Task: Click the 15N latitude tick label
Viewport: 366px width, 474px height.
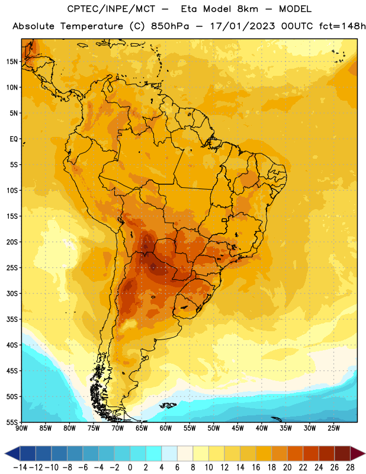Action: coord(12,62)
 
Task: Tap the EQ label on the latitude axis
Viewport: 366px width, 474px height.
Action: coord(14,139)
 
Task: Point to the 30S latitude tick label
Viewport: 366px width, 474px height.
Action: coord(12,293)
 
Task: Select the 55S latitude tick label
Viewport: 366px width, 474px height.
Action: coord(12,422)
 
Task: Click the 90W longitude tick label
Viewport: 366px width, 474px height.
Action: coord(21,428)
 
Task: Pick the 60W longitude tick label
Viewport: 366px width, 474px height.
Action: coord(166,428)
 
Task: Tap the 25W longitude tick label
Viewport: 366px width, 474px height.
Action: coord(333,428)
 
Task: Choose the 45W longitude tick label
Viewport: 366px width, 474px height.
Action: coord(237,428)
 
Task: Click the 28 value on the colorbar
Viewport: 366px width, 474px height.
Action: coord(350,467)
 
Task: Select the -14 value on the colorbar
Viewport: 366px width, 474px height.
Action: coord(20,467)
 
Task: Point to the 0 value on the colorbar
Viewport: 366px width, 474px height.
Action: coord(130,467)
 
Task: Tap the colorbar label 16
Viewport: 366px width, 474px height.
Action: coord(256,467)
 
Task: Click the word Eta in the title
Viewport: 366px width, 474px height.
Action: coord(189,9)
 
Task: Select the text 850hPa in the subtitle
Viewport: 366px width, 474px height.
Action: coord(170,26)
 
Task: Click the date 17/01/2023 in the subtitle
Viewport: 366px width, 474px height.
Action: coord(242,26)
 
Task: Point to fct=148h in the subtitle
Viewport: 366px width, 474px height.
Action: coord(342,26)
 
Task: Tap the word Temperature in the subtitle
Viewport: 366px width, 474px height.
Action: coord(92,27)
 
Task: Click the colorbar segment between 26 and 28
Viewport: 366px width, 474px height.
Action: coord(342,454)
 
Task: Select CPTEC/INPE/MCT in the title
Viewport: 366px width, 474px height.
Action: coord(111,9)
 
